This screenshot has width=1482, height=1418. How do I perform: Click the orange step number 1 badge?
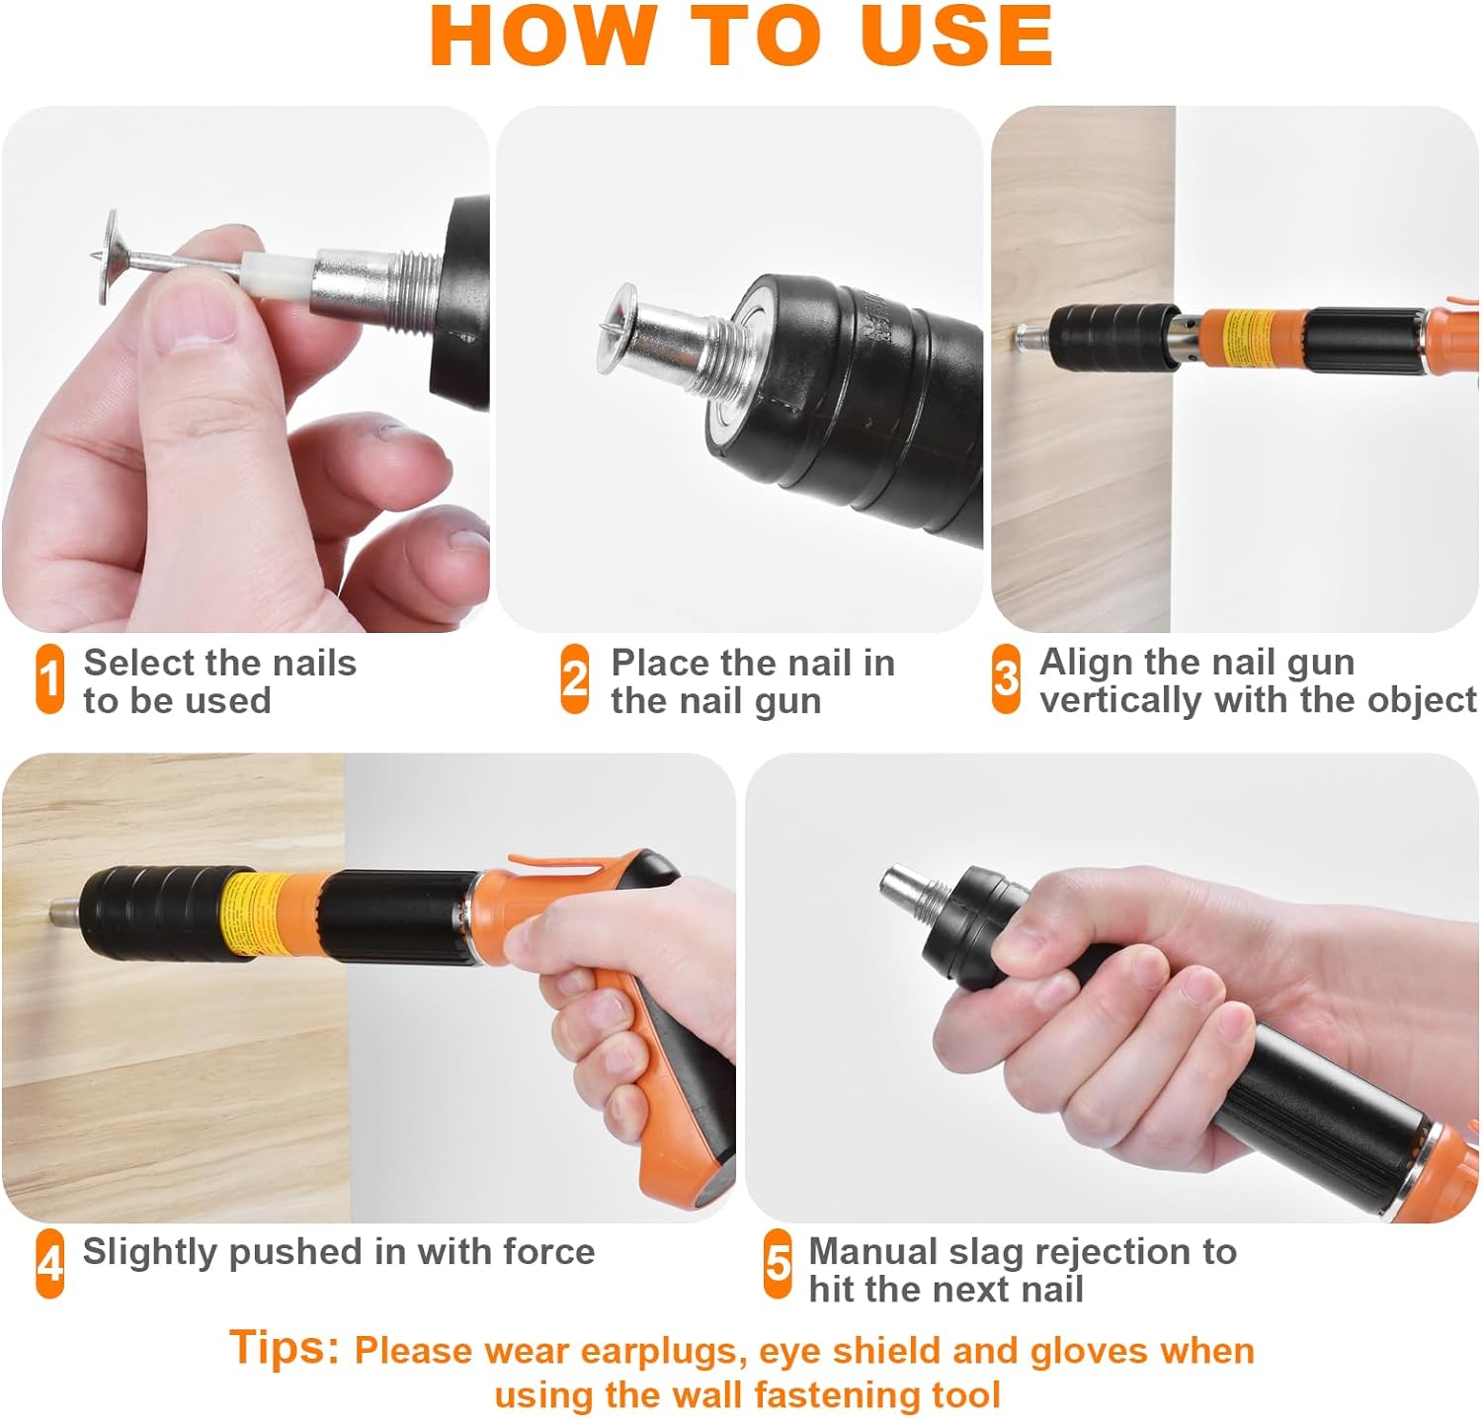pyautogui.click(x=49, y=679)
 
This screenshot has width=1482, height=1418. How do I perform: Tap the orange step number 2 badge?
pyautogui.click(x=575, y=679)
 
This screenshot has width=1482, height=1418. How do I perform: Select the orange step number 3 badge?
pyautogui.click(x=1006, y=679)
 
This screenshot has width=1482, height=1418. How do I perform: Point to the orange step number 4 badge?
pyautogui.click(x=49, y=1263)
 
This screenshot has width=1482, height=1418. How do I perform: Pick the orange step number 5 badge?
pyautogui.click(x=779, y=1263)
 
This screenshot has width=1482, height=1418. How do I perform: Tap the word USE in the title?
pyautogui.click(x=956, y=36)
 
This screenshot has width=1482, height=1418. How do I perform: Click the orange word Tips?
pyautogui.click(x=285, y=1347)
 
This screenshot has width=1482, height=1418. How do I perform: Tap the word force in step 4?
pyautogui.click(x=549, y=1251)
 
